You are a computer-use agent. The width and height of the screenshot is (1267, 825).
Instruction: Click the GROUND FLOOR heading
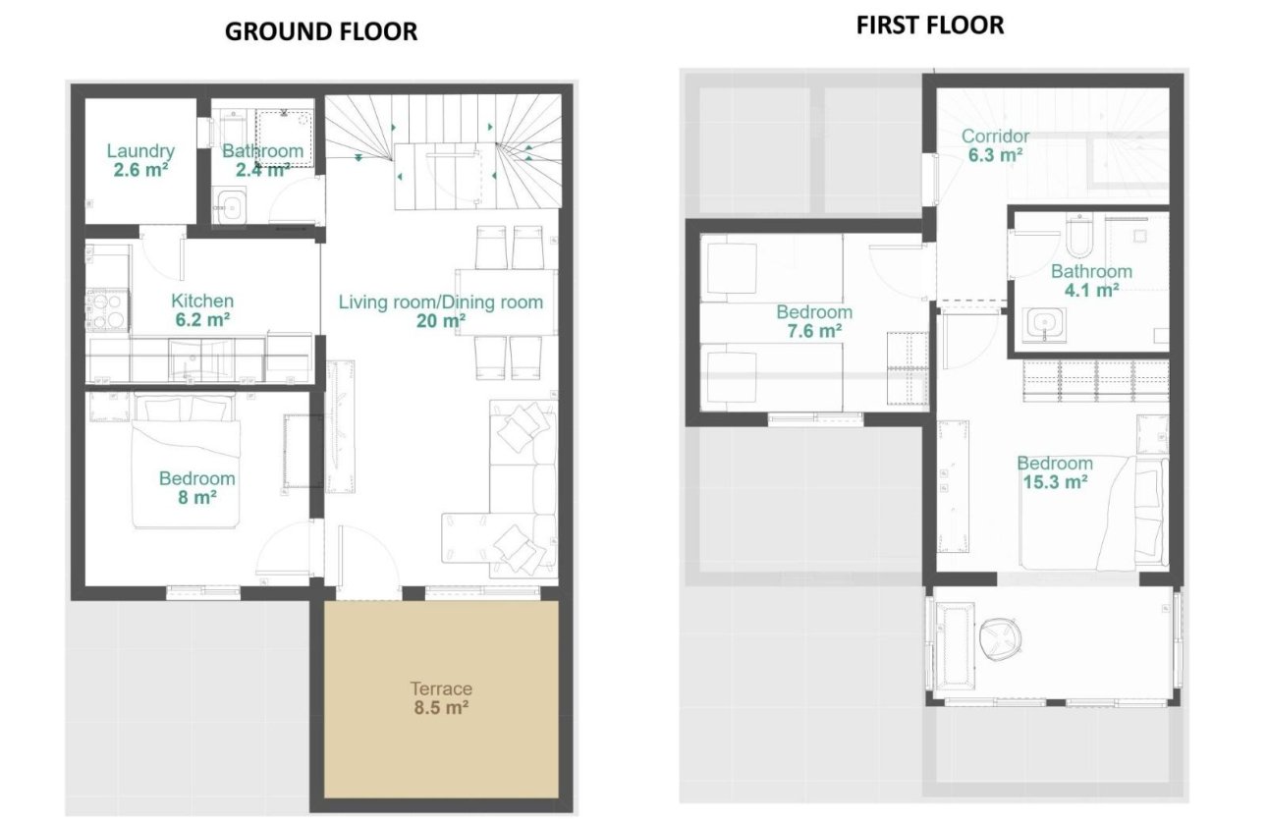321,31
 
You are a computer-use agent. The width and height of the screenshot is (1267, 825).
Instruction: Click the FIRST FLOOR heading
929,26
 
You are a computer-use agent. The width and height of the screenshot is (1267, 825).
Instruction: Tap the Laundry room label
140,151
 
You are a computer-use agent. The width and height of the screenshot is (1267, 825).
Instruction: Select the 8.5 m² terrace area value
441,706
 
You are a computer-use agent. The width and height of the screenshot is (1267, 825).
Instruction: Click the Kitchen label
202,301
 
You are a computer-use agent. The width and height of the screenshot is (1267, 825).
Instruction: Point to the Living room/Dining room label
440,302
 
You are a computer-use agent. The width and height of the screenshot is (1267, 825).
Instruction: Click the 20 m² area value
440,320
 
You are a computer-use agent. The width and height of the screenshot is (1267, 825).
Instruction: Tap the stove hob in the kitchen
108,309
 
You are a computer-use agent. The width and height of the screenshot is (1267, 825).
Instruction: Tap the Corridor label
995,137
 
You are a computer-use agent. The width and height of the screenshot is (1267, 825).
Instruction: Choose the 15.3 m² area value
1054,482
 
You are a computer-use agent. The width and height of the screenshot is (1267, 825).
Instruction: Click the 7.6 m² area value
814,331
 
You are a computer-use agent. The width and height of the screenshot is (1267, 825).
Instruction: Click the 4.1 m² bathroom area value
1091,290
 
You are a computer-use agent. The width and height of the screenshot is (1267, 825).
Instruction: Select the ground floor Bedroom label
196,478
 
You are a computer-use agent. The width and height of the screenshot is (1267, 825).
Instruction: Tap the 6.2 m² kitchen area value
202,319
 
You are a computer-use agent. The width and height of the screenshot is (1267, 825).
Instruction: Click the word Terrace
441,688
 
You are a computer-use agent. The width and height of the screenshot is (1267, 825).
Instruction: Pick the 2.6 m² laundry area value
140,169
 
